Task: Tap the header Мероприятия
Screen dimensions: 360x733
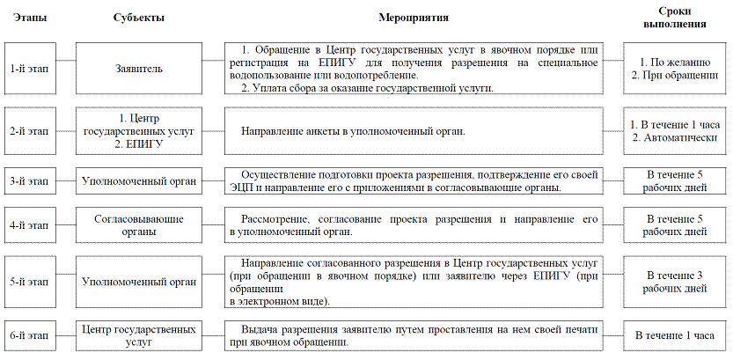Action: pos(413,18)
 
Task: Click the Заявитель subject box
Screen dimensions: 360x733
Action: pos(139,69)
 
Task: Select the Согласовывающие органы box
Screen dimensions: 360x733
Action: pos(139,224)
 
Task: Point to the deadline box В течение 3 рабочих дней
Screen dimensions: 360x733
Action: pos(676,282)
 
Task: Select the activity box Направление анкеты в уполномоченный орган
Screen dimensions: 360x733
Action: pos(413,131)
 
